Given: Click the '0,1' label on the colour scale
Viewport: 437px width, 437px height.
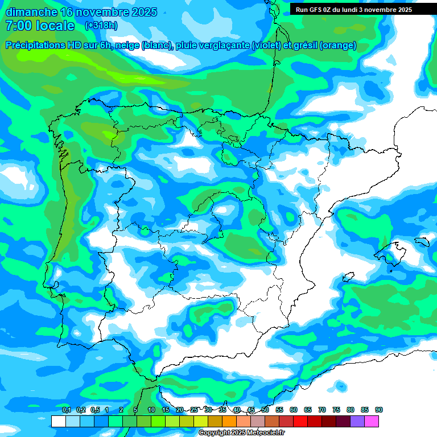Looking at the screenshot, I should [67, 410].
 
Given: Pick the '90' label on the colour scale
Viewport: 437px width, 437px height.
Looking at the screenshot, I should [379, 410].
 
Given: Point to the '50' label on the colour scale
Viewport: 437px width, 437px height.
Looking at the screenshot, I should [265, 410].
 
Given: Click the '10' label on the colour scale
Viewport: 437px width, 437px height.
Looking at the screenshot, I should [151, 410].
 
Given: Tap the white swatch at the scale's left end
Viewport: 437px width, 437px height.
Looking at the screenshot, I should [58, 421].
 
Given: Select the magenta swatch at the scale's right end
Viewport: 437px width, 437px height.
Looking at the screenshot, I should [372, 421].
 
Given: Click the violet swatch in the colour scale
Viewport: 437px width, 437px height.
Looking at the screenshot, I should [357, 421].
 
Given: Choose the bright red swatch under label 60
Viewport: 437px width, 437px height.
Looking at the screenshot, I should [300, 421].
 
